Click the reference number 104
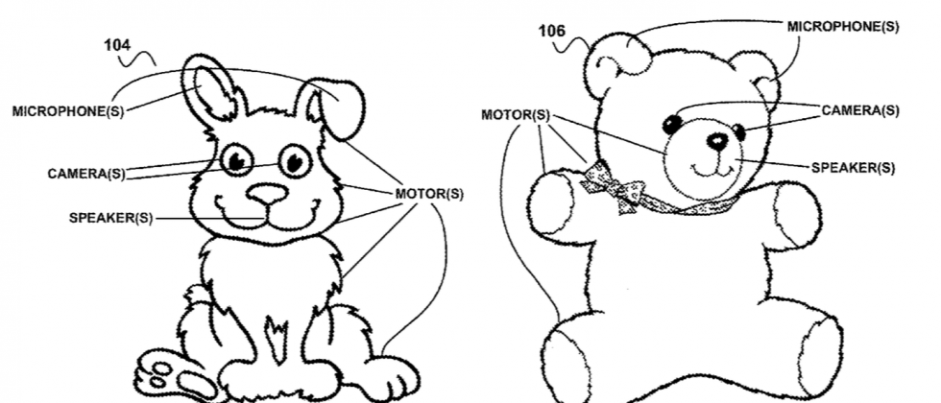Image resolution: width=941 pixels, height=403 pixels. tap(116, 44)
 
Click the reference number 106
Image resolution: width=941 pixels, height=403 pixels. tap(551, 31)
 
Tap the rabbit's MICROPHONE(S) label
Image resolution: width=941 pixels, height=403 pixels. tap(68, 111)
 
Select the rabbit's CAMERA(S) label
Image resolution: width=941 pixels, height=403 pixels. tap(86, 174)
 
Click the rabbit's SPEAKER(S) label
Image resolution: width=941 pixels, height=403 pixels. tap(110, 218)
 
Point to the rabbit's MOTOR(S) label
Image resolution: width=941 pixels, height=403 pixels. tap(429, 194)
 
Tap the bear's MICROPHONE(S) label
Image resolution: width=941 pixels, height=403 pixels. tap(843, 26)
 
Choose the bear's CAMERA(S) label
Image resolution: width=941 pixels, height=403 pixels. tap(860, 110)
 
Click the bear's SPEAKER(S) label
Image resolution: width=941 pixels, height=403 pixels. tap(853, 167)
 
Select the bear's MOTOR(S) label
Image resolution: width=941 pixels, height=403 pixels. tap(516, 115)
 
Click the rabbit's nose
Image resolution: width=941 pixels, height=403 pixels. tap(267, 193)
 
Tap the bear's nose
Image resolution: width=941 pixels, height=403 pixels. tap(716, 141)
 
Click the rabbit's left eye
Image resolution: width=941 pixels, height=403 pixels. tap(235, 160)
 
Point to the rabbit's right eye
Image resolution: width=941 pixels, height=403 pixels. tap(296, 159)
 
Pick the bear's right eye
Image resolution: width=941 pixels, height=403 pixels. tap(738, 130)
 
